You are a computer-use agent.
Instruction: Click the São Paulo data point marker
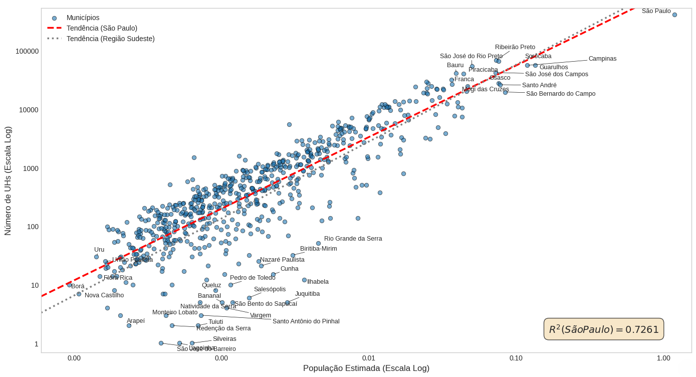coord(674,15)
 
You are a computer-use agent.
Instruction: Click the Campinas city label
coord(602,59)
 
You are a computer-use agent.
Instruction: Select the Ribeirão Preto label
coord(515,47)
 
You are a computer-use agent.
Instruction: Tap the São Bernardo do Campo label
coord(561,94)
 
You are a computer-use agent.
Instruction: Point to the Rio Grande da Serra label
coord(353,239)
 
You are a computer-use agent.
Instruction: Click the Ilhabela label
coord(318,282)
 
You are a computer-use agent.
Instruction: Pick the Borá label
coord(78,286)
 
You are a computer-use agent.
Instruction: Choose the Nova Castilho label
coord(104,295)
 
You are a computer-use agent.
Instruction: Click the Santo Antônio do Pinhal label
coord(306,321)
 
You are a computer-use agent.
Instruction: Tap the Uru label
coord(99,250)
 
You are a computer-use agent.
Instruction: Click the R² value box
coord(603,329)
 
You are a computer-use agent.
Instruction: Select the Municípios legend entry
coord(83,18)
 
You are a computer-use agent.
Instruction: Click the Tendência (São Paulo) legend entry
coord(102,28)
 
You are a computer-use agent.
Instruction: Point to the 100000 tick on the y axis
coord(27,51)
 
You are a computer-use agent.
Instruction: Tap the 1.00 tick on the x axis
coord(663,358)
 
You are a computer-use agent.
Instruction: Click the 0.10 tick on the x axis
coord(516,358)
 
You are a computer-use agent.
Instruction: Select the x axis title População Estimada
coord(366,368)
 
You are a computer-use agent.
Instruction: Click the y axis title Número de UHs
coord(8,181)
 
